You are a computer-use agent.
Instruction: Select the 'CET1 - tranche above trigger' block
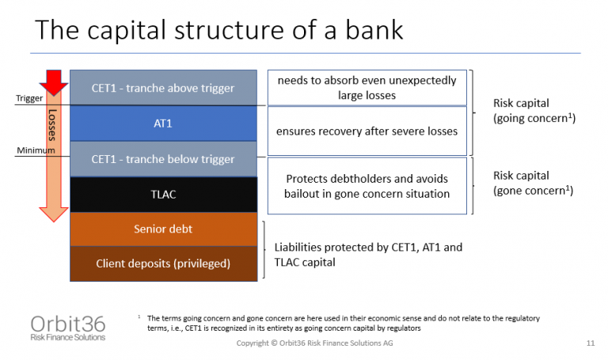click(163, 88)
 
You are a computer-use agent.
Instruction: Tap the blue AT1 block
click(163, 124)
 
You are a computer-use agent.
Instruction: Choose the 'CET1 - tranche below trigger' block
click(163, 159)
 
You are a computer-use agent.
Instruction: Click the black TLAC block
click(163, 195)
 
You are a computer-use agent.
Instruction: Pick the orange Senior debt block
click(163, 229)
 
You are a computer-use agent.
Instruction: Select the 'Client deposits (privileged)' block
click(163, 263)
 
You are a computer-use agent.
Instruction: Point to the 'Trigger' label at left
click(30, 99)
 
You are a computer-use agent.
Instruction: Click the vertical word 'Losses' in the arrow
click(54, 127)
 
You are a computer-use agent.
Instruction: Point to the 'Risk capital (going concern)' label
click(532, 110)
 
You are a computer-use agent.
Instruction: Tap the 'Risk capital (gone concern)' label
click(532, 183)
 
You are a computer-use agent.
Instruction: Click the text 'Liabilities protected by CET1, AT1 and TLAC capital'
click(368, 254)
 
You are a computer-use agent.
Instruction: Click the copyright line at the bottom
click(314, 344)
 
